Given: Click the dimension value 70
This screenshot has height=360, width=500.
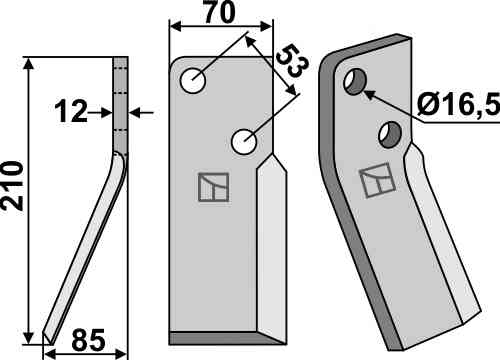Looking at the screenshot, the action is pos(220,13).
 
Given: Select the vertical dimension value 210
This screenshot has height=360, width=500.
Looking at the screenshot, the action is pos(12,186).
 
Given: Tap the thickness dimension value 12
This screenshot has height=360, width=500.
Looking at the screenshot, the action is pos(71,112).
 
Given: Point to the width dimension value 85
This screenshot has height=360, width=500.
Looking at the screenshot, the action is pos(88,340).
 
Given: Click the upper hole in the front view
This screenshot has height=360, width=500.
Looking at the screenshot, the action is pos(193,81).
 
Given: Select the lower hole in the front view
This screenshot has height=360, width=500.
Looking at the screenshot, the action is pos(244,142).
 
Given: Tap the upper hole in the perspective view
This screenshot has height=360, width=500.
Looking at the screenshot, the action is pos(355,82).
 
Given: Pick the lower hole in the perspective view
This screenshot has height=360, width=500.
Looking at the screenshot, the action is pos(391,135).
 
